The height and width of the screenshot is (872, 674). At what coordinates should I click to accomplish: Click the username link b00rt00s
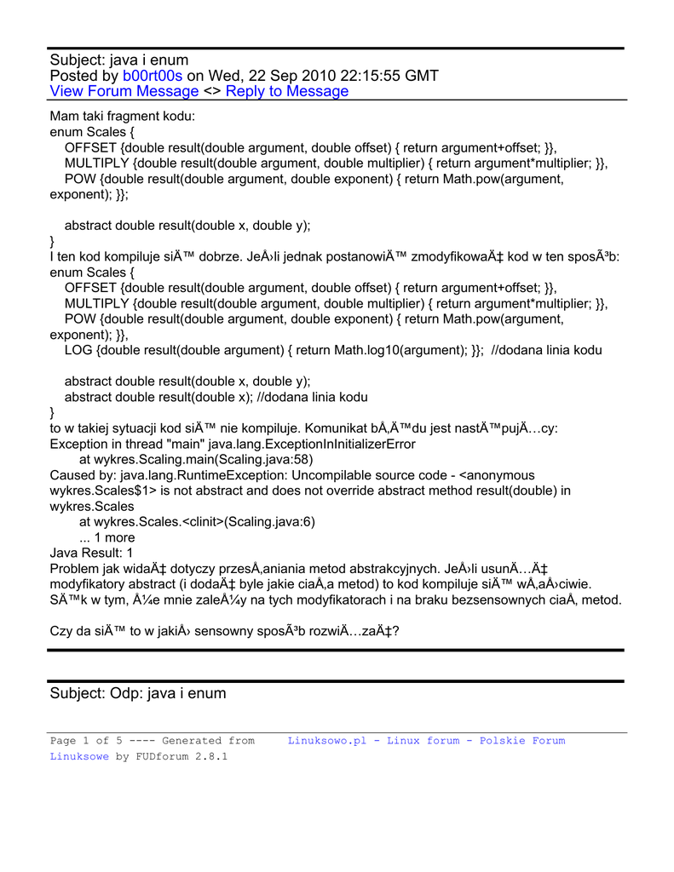(153, 76)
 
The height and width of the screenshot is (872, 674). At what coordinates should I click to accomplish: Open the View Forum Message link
(124, 91)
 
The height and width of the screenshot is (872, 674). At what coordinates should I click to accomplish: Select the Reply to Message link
(287, 91)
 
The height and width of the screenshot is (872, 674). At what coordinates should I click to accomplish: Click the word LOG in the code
(79, 350)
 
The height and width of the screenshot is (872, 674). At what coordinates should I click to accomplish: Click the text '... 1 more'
(107, 537)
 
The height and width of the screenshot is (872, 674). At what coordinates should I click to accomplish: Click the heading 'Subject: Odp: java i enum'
(138, 693)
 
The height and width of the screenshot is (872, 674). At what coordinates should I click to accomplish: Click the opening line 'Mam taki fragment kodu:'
(123, 116)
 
